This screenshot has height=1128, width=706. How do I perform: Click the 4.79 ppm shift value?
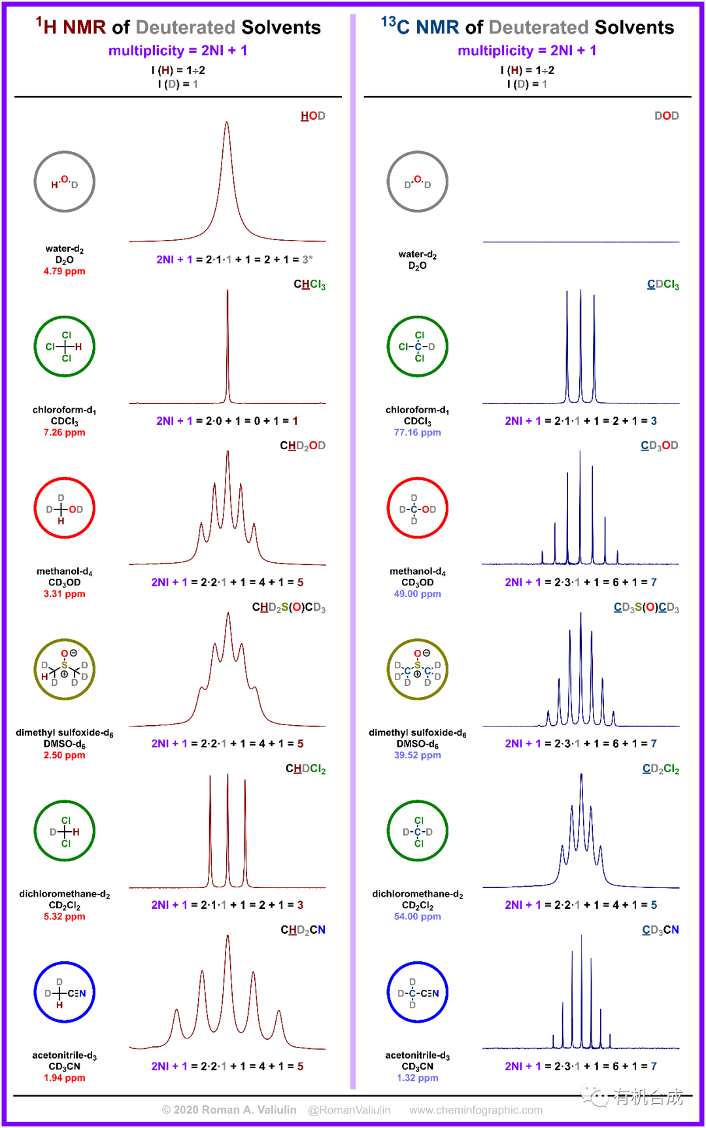click(x=64, y=271)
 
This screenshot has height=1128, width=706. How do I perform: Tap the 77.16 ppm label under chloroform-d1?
click(x=417, y=432)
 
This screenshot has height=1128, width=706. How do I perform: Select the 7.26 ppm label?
click(x=64, y=432)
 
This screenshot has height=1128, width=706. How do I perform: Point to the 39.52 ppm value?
click(x=417, y=755)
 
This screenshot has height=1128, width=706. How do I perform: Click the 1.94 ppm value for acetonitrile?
click(x=64, y=1078)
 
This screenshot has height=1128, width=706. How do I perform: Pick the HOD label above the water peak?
click(x=312, y=116)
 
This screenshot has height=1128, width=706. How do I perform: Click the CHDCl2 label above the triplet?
click(x=305, y=769)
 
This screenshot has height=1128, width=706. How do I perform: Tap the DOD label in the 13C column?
click(x=666, y=116)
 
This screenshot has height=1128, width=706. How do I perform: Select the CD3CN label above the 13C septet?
click(x=660, y=930)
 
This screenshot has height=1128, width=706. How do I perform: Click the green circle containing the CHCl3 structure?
click(x=65, y=347)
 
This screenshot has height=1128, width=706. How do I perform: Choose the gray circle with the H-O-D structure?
click(x=65, y=182)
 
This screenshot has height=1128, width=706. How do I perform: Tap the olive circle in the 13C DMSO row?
click(x=418, y=670)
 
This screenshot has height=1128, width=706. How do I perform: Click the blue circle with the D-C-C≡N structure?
click(x=418, y=993)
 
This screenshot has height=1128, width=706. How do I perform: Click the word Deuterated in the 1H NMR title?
click(x=186, y=27)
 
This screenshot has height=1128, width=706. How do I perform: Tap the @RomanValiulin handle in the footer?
click(x=349, y=1110)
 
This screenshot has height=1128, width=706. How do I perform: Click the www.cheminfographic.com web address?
click(x=476, y=1110)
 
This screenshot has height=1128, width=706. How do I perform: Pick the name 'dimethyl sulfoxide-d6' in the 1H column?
click(x=64, y=733)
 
